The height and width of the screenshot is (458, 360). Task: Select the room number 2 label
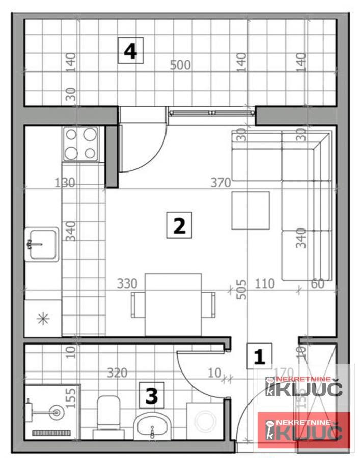pyautogui.click(x=179, y=225)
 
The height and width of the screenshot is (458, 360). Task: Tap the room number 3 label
pyautogui.click(x=151, y=395)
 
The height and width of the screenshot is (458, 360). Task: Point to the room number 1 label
pyautogui.click(x=260, y=356)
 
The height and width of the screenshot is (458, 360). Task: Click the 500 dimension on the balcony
pyautogui.click(x=180, y=65)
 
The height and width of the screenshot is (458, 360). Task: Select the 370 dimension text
pyautogui.click(x=221, y=182)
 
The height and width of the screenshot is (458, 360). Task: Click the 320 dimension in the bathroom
pyautogui.click(x=117, y=373)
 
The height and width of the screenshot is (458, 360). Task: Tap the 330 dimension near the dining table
pyautogui.click(x=127, y=283)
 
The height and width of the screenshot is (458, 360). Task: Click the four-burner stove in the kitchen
pyautogui.click(x=80, y=144)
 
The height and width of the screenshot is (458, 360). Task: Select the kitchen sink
pyautogui.click(x=42, y=244)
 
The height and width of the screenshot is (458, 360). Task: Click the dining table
pyautogui.click(x=173, y=304)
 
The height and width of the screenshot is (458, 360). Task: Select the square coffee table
pyautogui.click(x=250, y=210)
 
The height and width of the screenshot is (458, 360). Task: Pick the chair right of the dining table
pyautogui.click(x=208, y=304)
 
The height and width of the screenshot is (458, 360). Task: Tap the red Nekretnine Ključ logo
pyautogui.click(x=304, y=431)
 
